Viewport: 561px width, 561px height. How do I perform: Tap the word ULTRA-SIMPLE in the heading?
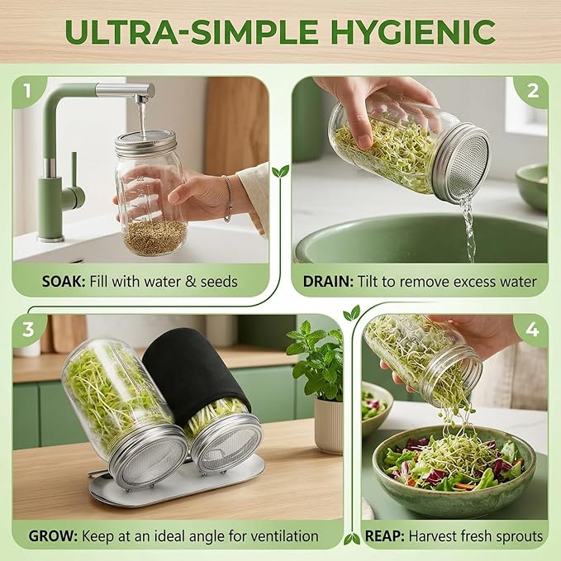tap(192, 32)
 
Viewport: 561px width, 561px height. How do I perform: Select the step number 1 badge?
tap(28, 91)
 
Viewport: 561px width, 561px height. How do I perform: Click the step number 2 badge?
tap(533, 91)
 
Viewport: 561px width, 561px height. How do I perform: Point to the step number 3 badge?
tap(28, 330)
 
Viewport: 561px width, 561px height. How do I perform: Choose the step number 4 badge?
tap(532, 330)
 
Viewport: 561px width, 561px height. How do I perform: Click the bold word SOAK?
tap(64, 282)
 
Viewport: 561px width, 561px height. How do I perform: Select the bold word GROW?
tap(53, 536)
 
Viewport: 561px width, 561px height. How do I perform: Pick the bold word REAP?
tap(385, 536)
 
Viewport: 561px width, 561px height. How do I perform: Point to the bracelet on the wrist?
tap(227, 197)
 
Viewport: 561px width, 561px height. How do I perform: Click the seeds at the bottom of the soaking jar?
tap(155, 237)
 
